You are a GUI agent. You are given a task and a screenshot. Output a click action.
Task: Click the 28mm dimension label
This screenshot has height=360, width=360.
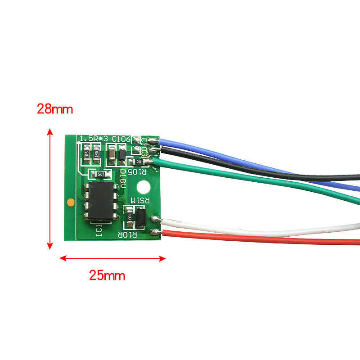pyautogui.click(x=55, y=109)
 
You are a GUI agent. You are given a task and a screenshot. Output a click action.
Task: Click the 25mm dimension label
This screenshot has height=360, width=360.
pyautogui.click(x=107, y=275)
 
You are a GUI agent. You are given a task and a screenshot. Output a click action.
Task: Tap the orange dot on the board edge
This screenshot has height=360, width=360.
pyautogui.click(x=70, y=202)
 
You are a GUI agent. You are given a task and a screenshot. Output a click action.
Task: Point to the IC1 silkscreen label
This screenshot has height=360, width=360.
pyautogui.click(x=99, y=231)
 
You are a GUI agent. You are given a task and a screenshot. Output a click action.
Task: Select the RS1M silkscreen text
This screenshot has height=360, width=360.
pyautogui.click(x=139, y=200)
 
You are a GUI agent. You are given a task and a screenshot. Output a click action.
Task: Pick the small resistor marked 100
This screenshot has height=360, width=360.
pyautogui.click(x=130, y=216)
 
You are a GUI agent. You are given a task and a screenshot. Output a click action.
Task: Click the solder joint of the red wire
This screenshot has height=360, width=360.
pyautogui.click(x=156, y=232)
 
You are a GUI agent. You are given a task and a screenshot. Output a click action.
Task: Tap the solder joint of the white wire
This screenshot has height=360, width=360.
pyautogui.click(x=156, y=220)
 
